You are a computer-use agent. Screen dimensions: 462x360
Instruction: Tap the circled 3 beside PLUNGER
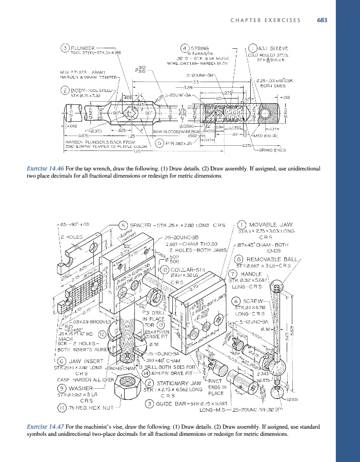(65, 48)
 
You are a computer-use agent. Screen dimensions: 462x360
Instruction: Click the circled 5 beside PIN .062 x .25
(160, 143)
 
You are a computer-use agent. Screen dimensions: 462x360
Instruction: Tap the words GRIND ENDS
(272, 150)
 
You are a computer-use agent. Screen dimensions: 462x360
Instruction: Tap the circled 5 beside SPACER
(124, 224)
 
